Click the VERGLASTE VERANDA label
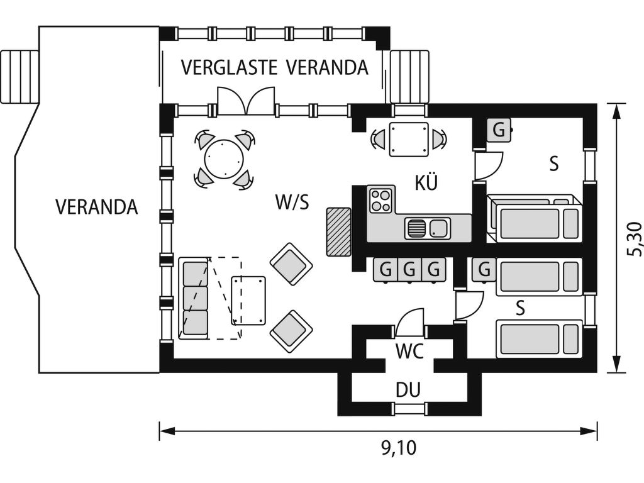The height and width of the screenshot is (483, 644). pos(274,67)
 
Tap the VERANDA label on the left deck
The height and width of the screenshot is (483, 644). pos(96,207)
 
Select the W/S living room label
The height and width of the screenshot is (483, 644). pos(292,203)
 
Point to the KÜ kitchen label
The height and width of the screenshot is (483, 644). pos(426,182)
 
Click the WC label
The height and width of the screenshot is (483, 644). pos(409,351)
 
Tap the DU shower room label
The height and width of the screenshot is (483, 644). pos(408,390)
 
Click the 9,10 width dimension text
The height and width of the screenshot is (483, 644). pos(399,448)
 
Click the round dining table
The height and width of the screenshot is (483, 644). pos(225,159)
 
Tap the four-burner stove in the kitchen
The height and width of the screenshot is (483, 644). pos(380,200)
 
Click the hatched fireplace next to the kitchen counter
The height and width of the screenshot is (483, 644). pos(338,231)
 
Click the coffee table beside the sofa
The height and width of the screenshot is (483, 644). pos(248,301)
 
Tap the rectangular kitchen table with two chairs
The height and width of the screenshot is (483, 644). pos(408,139)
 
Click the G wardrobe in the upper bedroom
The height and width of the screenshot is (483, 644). pos(499,130)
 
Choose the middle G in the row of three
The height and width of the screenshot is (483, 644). pos(409,270)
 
